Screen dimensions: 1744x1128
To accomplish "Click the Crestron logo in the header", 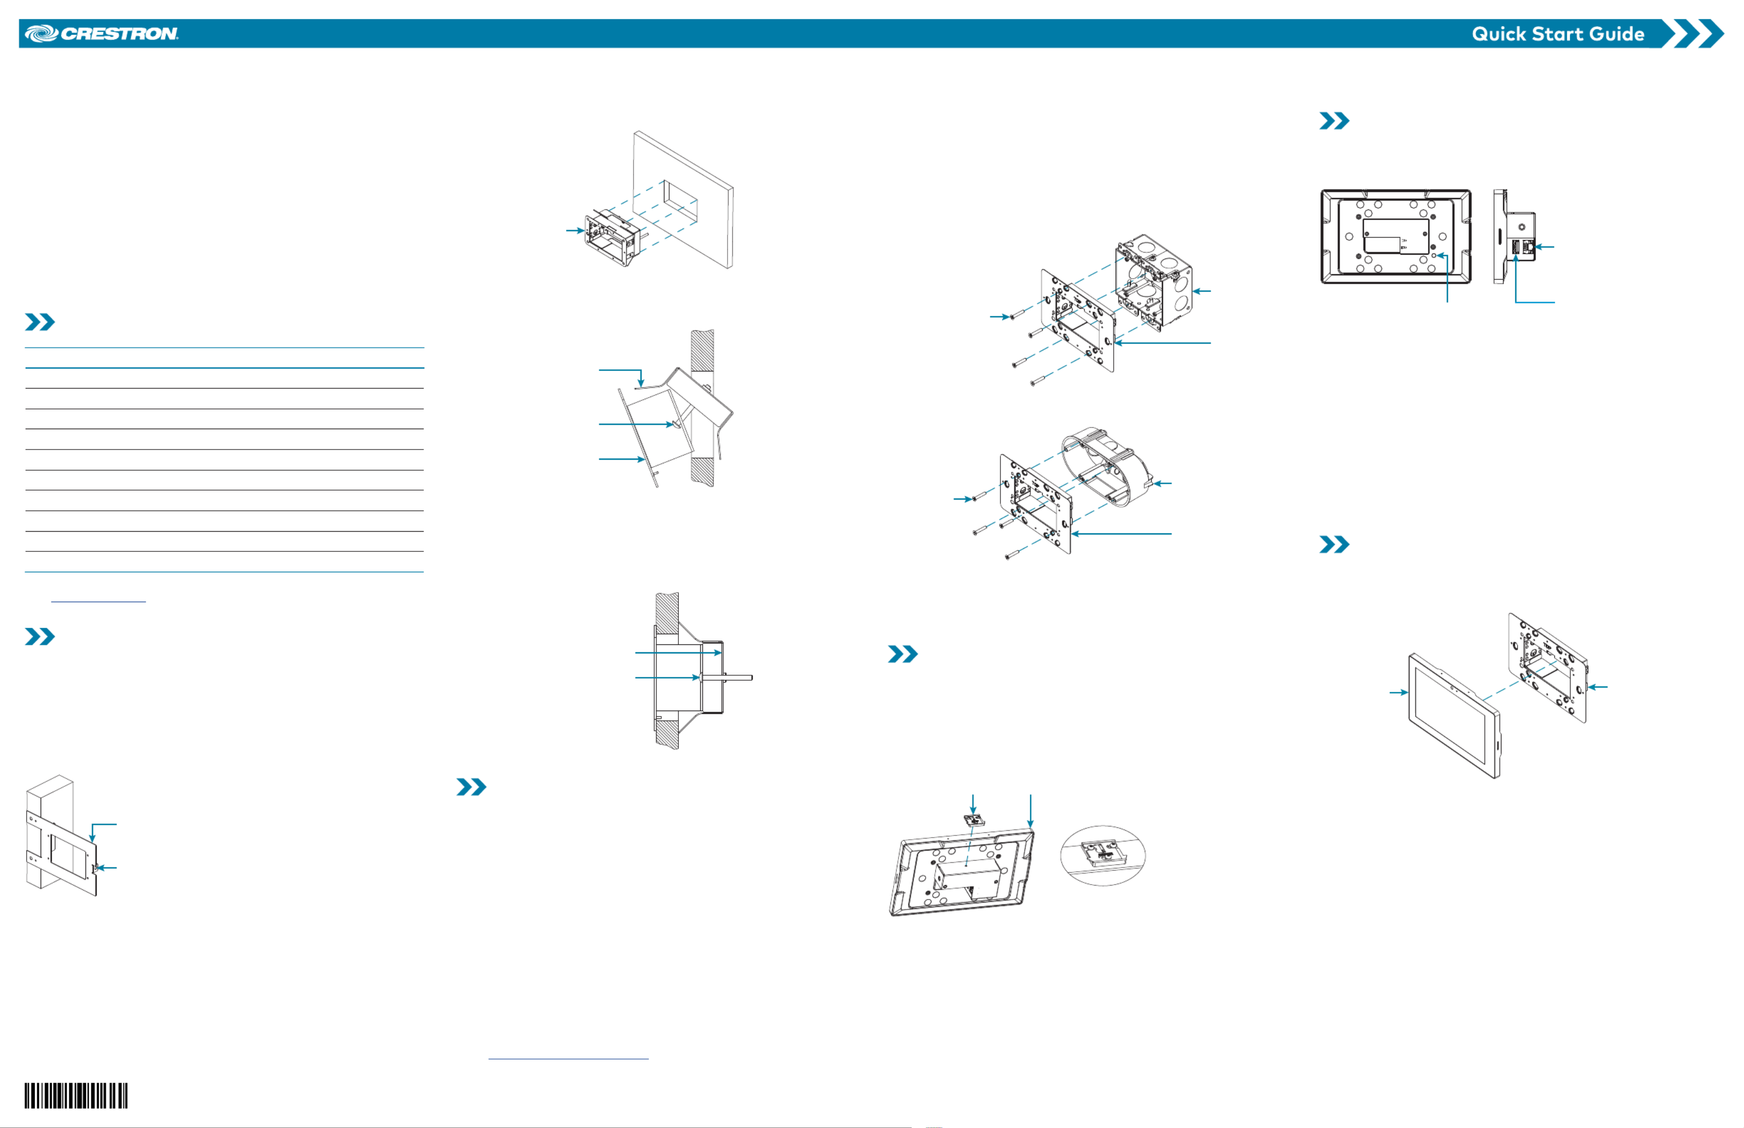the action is tap(101, 34).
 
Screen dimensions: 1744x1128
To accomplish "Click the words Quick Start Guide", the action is tap(1558, 34).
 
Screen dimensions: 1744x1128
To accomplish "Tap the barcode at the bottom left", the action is tap(76, 1096).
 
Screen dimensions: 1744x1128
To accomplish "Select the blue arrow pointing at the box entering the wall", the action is tap(575, 231).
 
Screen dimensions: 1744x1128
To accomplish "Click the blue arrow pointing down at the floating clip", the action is tap(973, 803).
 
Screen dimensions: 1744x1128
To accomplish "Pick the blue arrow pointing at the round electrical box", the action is tap(1163, 484).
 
